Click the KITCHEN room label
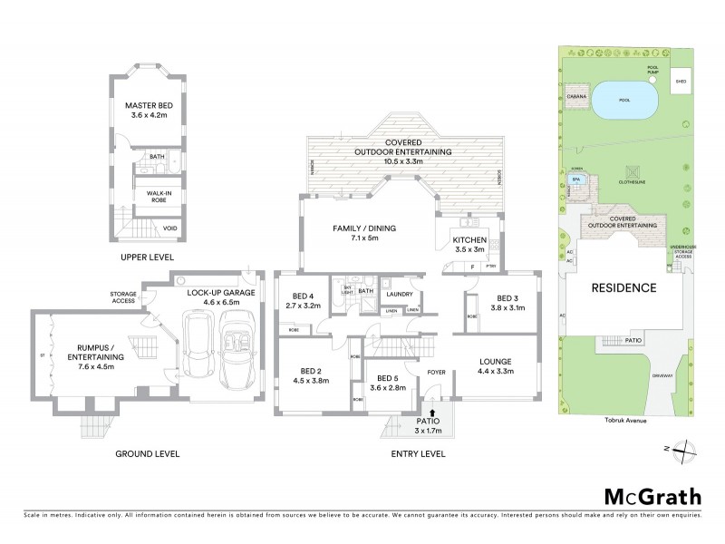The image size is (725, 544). click(469, 239)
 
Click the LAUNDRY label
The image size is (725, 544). click(400, 294)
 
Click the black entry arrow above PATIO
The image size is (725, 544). click(430, 413)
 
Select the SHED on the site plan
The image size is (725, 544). click(680, 82)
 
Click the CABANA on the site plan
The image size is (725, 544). click(574, 95)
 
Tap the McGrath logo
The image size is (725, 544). click(652, 496)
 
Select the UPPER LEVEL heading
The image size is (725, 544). click(146, 258)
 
